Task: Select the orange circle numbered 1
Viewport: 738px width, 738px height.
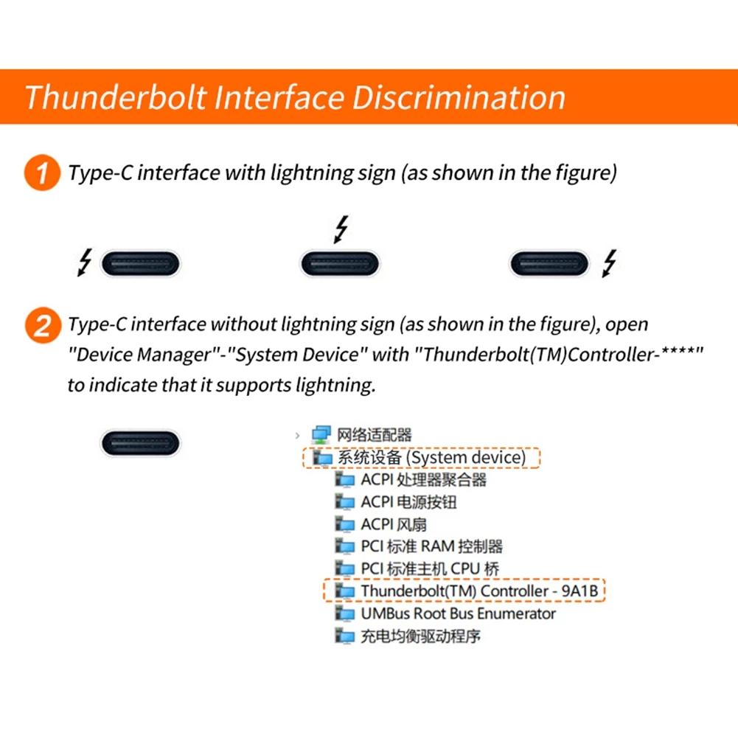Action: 41,173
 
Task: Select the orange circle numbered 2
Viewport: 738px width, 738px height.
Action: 41,324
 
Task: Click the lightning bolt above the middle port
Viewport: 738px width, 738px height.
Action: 340,229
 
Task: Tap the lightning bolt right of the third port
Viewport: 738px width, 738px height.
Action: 610,262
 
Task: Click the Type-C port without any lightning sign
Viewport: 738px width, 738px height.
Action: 140,443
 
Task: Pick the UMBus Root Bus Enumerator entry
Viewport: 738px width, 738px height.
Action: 457,613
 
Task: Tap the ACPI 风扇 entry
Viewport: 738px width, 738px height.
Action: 393,525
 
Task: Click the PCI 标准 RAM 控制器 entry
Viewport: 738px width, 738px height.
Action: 431,547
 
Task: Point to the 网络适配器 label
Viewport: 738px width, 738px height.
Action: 375,435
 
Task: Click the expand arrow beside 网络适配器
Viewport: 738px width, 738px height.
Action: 297,436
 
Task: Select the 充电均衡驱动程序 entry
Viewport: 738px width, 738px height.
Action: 420,636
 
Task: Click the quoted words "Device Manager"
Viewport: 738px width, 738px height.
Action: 139,355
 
